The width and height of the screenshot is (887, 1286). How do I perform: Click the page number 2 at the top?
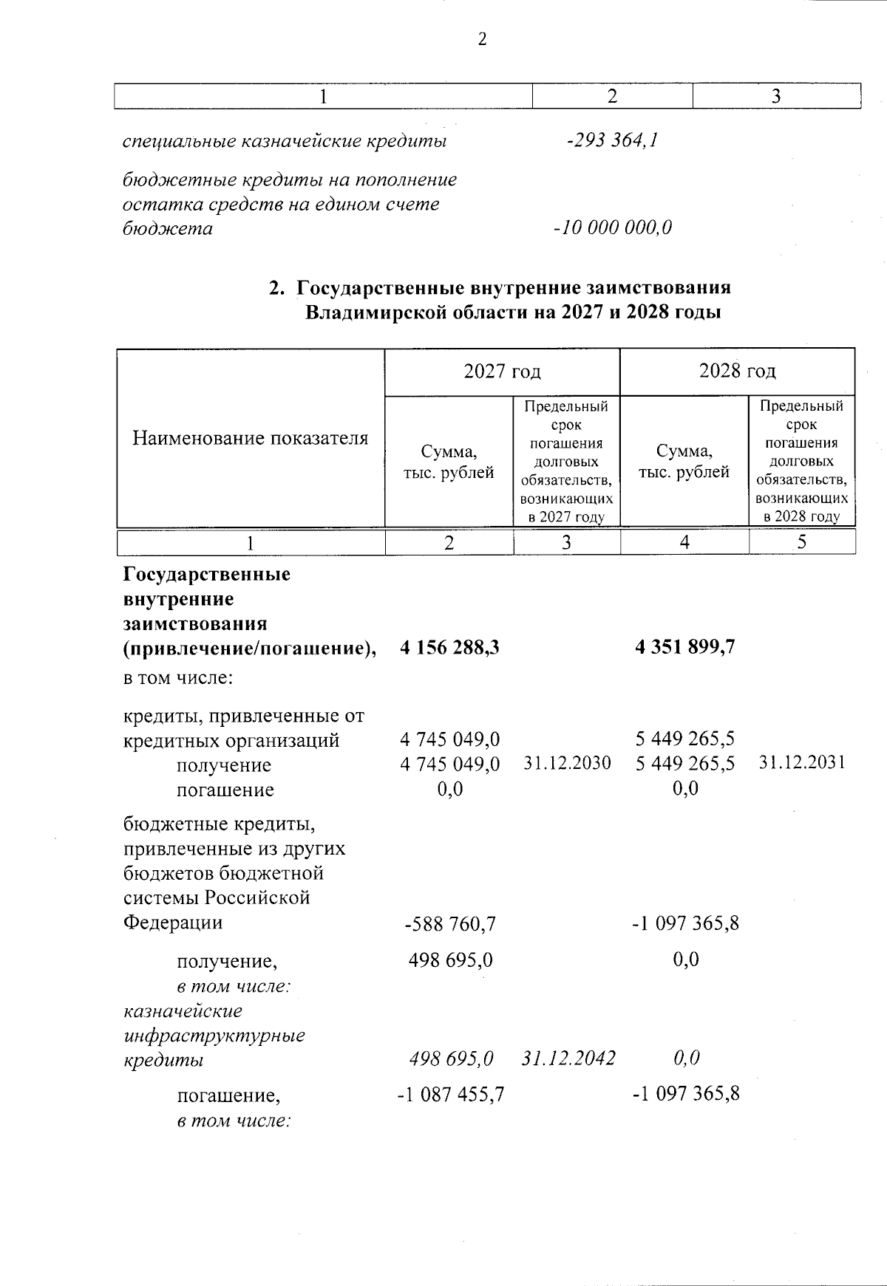(x=482, y=40)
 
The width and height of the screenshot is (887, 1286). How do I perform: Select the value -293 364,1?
(x=612, y=140)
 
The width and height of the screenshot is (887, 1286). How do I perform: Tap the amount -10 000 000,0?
(x=613, y=228)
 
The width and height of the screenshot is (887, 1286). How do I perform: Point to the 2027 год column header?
(x=502, y=371)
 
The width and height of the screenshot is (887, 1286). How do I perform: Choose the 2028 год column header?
(x=737, y=371)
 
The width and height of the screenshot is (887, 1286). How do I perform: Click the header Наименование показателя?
(x=250, y=438)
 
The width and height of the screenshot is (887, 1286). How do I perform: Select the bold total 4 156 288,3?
(x=449, y=648)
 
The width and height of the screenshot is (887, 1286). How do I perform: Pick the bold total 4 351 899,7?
(x=685, y=648)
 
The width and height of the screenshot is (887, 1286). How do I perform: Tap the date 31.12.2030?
(x=567, y=763)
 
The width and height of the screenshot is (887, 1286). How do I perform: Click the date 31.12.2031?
(x=802, y=763)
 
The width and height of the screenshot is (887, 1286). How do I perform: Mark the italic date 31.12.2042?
(x=568, y=1058)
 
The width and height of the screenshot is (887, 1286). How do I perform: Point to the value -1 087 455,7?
(x=451, y=1094)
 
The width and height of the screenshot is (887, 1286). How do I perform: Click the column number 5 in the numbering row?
(x=802, y=542)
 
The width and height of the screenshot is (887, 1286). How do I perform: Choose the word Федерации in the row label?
(x=172, y=923)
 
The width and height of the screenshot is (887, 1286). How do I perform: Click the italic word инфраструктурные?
(x=214, y=1035)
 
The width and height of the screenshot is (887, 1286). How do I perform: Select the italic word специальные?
(x=180, y=140)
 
